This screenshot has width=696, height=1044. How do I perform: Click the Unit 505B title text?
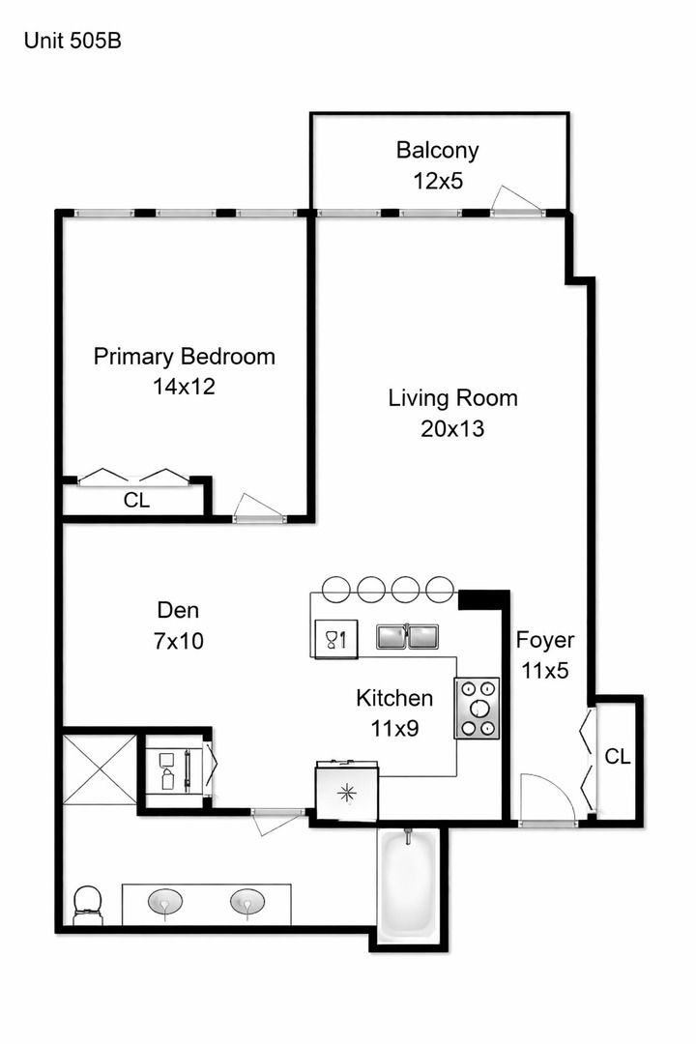[x=72, y=41]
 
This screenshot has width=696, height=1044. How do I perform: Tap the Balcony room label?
[x=437, y=150]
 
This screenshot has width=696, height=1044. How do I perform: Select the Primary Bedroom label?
[x=184, y=357]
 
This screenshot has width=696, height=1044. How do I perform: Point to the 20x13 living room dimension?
[x=452, y=428]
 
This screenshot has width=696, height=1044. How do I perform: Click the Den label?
[x=178, y=610]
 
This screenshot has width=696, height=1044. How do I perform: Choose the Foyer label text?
[x=544, y=640]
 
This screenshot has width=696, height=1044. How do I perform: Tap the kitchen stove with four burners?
[x=477, y=709]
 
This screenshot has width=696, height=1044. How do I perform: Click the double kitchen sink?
[x=407, y=636]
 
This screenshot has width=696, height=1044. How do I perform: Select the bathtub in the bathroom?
[x=408, y=884]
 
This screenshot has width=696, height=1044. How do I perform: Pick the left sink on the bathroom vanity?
[x=165, y=903]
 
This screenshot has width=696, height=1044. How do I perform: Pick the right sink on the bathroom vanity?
[x=247, y=903]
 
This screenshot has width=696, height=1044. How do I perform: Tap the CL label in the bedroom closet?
[x=136, y=501]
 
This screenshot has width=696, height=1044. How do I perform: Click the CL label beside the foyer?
[x=617, y=756]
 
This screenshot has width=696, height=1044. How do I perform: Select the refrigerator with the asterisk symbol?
[x=347, y=791]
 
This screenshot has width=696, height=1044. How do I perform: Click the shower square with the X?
[x=101, y=769]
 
